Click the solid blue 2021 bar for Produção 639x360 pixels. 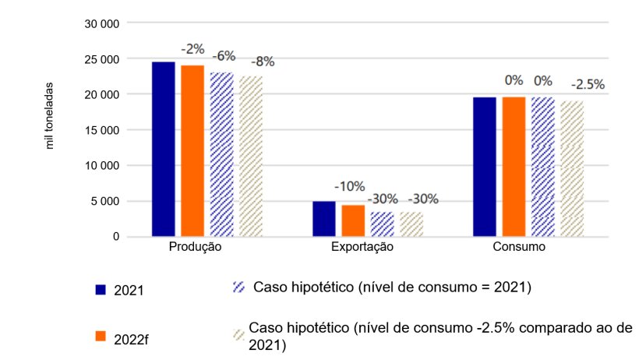[163, 148]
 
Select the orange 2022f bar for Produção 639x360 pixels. [192, 150]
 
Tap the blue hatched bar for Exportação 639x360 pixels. [382, 224]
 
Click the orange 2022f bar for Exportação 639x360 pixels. [352, 220]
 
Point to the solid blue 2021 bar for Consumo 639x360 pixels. [485, 166]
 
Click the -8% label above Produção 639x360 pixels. [262, 62]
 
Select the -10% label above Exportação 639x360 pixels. [349, 186]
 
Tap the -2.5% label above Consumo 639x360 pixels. [588, 84]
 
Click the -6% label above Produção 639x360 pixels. [226, 55]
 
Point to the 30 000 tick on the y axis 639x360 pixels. [101, 23]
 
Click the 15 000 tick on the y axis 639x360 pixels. [101, 130]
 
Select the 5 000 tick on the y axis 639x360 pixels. [104, 201]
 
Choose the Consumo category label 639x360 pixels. [519, 247]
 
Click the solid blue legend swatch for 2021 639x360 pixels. [100, 290]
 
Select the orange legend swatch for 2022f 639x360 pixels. [100, 336]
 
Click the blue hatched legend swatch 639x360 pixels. [239, 288]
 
